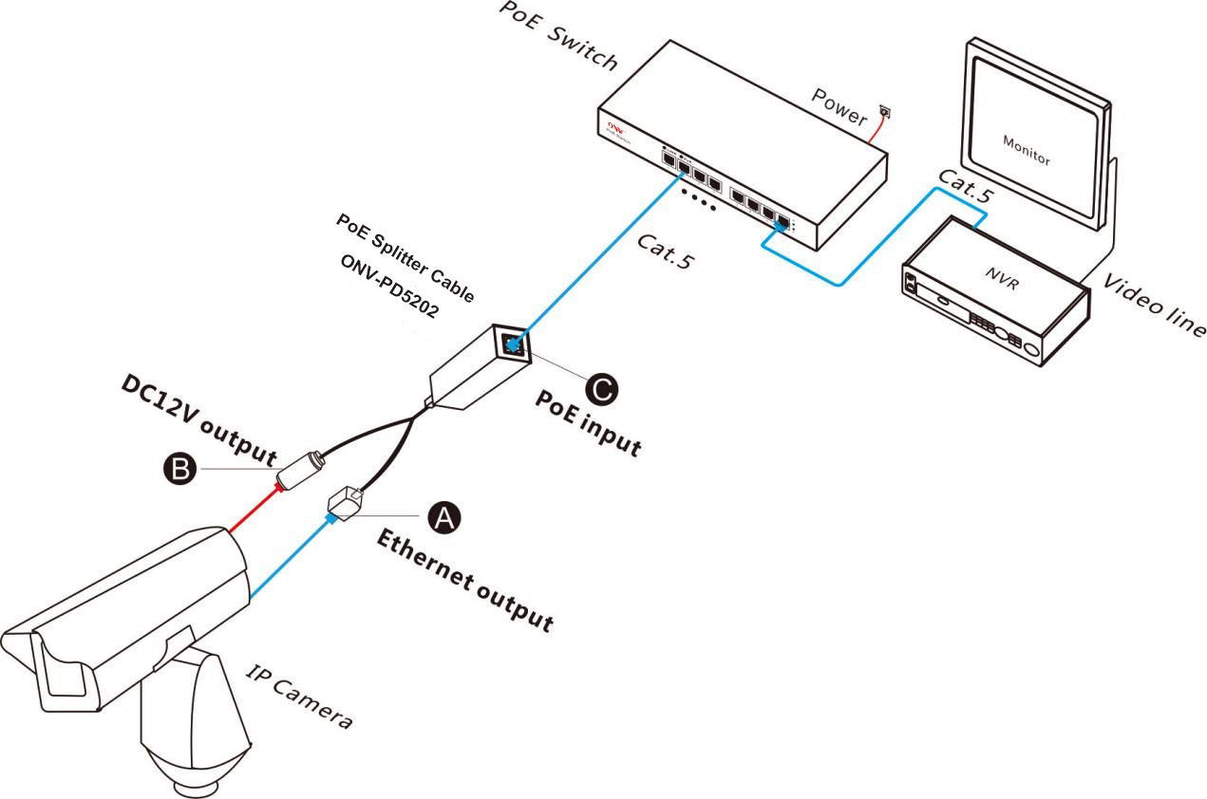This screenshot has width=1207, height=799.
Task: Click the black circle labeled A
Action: pos(442,516)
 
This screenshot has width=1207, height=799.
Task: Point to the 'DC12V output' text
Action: pos(198,418)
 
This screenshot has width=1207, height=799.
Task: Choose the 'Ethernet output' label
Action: pos(464,581)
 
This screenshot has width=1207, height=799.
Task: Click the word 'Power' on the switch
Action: pos(839,106)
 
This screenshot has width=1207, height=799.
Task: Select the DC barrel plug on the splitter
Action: pos(302,469)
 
